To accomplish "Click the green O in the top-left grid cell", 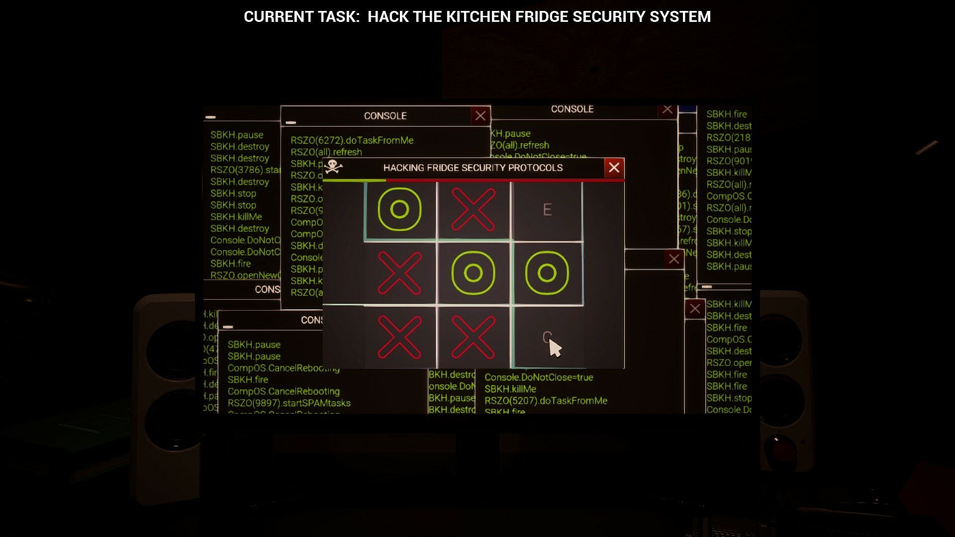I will point(399,209).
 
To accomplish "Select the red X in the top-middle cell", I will point(473,209).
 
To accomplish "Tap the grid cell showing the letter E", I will point(547,210).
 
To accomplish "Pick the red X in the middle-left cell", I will point(399,273).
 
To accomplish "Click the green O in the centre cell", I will point(473,273).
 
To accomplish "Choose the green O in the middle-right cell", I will point(547,273).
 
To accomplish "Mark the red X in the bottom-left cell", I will point(399,337).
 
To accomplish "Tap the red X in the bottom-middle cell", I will point(473,337).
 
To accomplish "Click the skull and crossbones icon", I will point(333,167).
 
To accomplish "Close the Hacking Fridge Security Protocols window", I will point(614,168).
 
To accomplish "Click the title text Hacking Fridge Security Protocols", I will point(473,168).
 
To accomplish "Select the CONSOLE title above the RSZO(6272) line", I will point(385,116).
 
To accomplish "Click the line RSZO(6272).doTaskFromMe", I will point(352,141).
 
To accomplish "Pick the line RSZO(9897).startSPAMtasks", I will point(289,403).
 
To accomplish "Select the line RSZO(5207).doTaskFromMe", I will point(546,401).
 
